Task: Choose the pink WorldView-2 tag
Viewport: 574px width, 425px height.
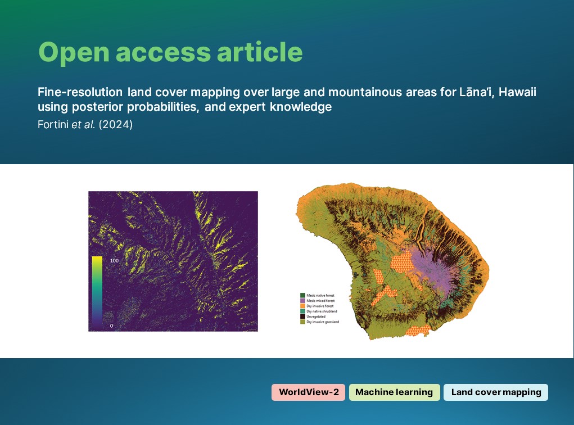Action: (308, 392)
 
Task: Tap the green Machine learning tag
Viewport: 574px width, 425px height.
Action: (394, 392)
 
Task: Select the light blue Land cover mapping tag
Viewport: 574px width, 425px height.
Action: (496, 392)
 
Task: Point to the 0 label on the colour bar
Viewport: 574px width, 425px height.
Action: (110, 325)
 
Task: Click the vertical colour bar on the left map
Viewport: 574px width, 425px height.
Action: (97, 292)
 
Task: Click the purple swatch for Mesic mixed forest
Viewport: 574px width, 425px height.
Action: (302, 300)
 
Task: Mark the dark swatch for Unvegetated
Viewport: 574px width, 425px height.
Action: (302, 317)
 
